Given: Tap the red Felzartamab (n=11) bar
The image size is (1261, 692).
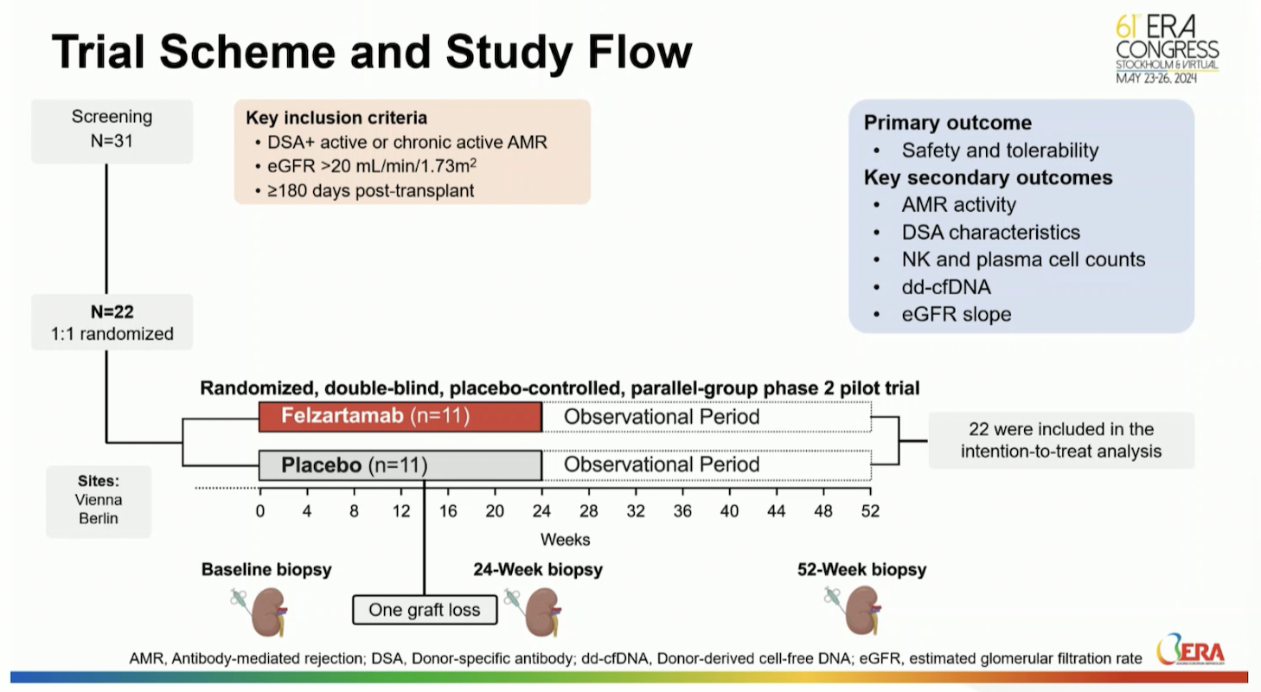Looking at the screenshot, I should [400, 417].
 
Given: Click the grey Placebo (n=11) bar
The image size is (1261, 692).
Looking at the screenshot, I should [400, 465].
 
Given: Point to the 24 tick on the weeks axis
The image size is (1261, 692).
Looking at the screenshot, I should [541, 511].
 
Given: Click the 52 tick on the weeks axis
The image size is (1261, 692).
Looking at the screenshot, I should [870, 511].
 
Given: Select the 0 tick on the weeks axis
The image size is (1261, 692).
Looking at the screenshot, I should [259, 511].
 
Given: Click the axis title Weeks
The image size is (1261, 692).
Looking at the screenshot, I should [565, 540].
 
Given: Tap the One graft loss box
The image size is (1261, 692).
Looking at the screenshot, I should [424, 610].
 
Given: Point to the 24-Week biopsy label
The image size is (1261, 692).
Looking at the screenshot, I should [537, 570].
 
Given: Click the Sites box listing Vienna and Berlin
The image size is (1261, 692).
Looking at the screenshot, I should [99, 501].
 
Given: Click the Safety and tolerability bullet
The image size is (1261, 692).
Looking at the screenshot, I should [999, 151].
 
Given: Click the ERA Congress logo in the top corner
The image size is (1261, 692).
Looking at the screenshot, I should [1167, 48].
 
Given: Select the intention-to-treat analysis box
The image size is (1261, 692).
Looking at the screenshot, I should [1060, 440].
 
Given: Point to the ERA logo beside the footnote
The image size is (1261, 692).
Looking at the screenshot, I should [1191, 650].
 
